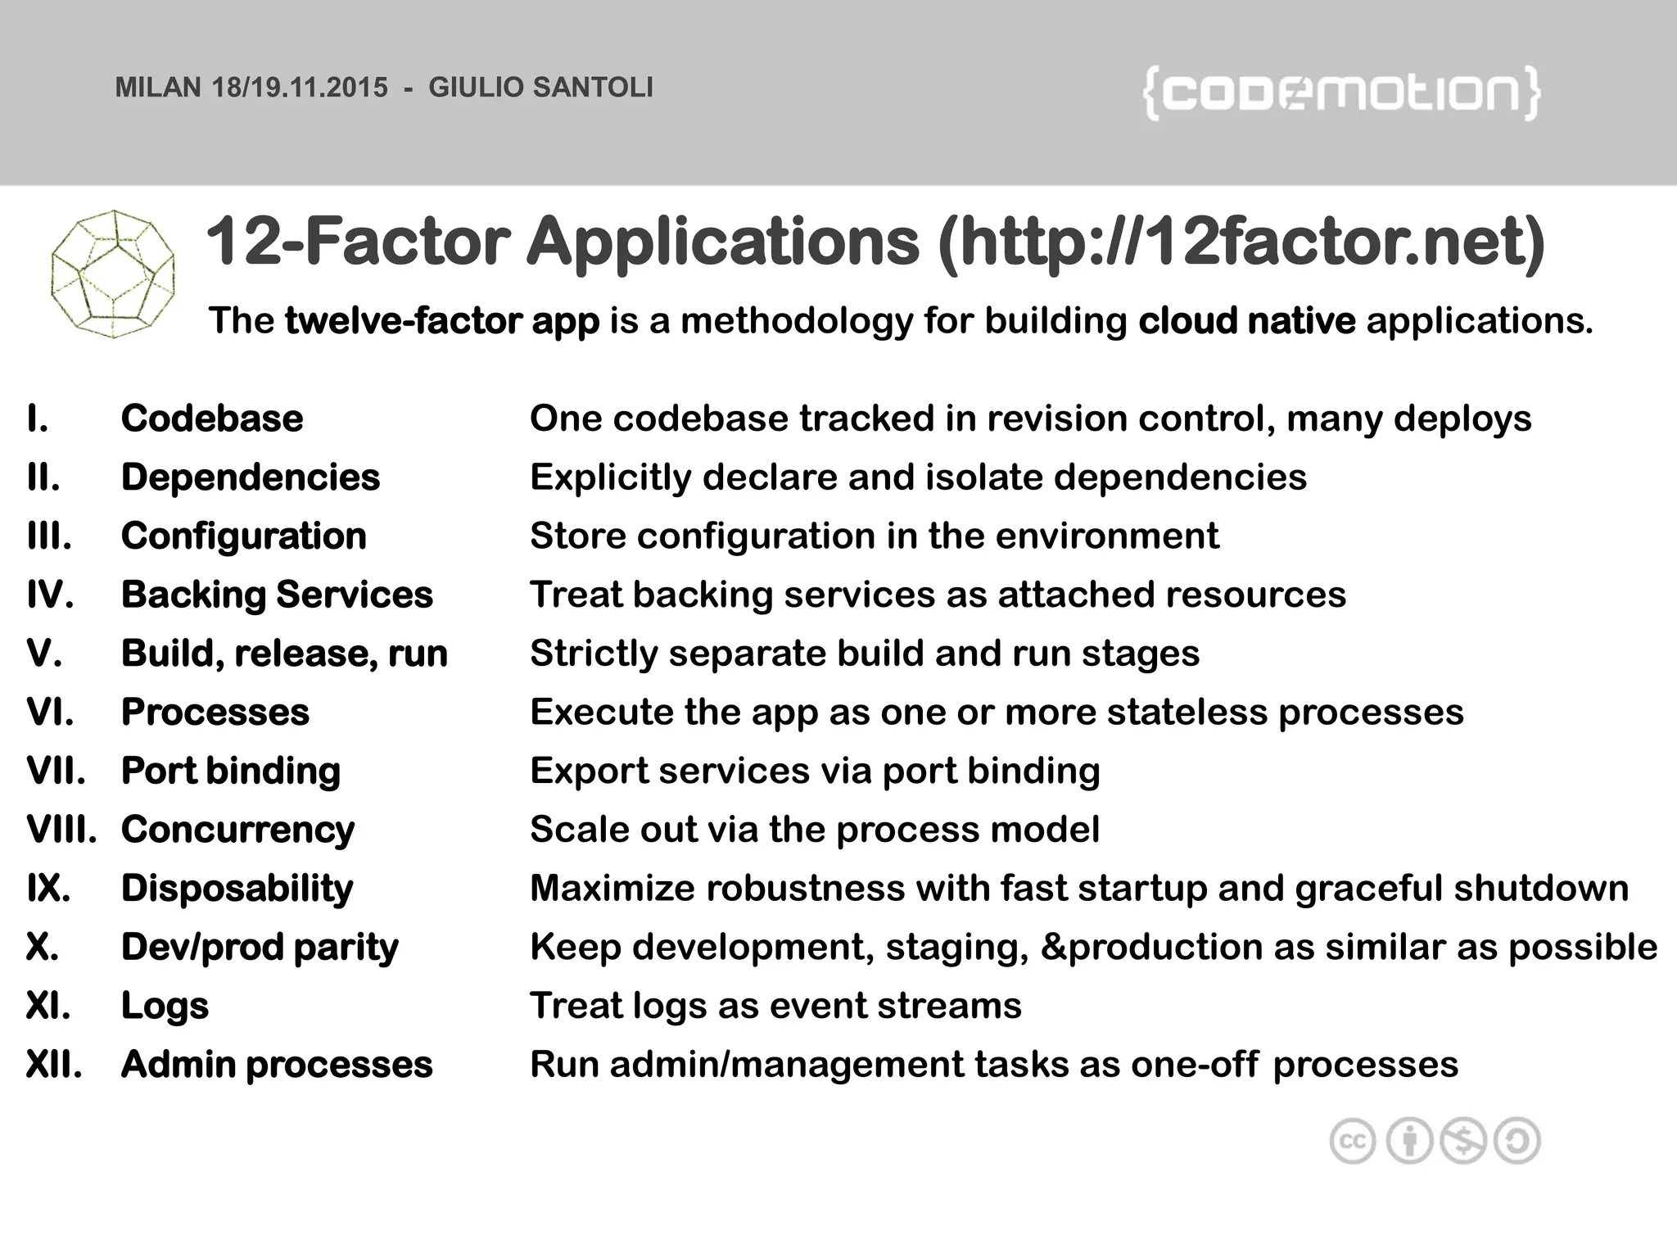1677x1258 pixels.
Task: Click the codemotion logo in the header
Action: [1341, 94]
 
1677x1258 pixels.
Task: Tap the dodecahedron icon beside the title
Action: [113, 274]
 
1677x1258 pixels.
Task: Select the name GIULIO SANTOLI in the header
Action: [540, 88]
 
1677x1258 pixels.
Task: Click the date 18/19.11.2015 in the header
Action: [300, 88]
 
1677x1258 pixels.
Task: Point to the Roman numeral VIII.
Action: [61, 830]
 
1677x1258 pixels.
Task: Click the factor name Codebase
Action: [212, 419]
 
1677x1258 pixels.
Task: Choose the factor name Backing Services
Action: [277, 595]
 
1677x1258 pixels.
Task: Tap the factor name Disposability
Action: [237, 889]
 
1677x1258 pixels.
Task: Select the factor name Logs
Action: [165, 1006]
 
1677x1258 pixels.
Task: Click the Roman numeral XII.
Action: [54, 1065]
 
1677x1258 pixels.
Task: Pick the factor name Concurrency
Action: [237, 830]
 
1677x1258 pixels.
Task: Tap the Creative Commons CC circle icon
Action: [1352, 1141]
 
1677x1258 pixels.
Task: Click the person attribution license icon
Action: [1408, 1141]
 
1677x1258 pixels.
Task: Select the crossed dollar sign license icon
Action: [1463, 1141]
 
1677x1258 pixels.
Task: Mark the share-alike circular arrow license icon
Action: [1517, 1141]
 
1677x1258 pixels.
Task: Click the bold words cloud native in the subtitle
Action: [1246, 320]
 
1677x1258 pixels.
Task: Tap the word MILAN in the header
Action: [157, 88]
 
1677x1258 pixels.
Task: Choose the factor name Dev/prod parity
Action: [260, 948]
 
